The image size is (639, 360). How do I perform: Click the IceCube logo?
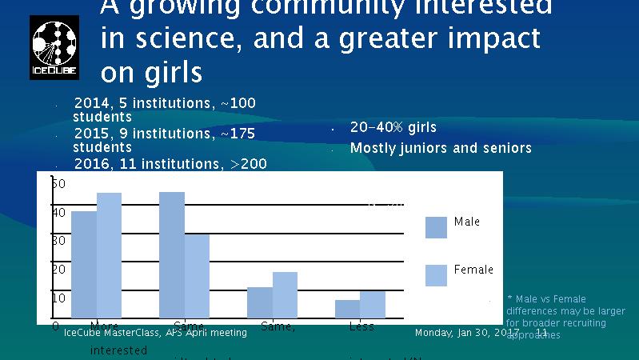pyautogui.click(x=54, y=47)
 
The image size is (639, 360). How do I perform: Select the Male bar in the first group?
pyautogui.click(x=84, y=264)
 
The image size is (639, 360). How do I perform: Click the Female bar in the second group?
pyautogui.click(x=197, y=275)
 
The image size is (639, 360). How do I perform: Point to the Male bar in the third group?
pyautogui.click(x=260, y=302)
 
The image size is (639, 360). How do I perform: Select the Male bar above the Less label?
pyautogui.click(x=348, y=309)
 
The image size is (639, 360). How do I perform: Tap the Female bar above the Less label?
pyautogui.click(x=373, y=304)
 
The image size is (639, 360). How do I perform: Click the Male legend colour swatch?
pyautogui.click(x=436, y=227)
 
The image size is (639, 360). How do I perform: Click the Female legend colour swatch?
pyautogui.click(x=436, y=275)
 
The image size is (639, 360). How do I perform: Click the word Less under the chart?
pyautogui.click(x=361, y=326)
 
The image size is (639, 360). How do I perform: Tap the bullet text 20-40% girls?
pyautogui.click(x=393, y=127)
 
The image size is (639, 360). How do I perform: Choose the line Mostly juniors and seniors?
pyautogui.click(x=441, y=148)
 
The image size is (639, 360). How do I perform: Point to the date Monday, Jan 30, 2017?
pyautogui.click(x=467, y=332)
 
